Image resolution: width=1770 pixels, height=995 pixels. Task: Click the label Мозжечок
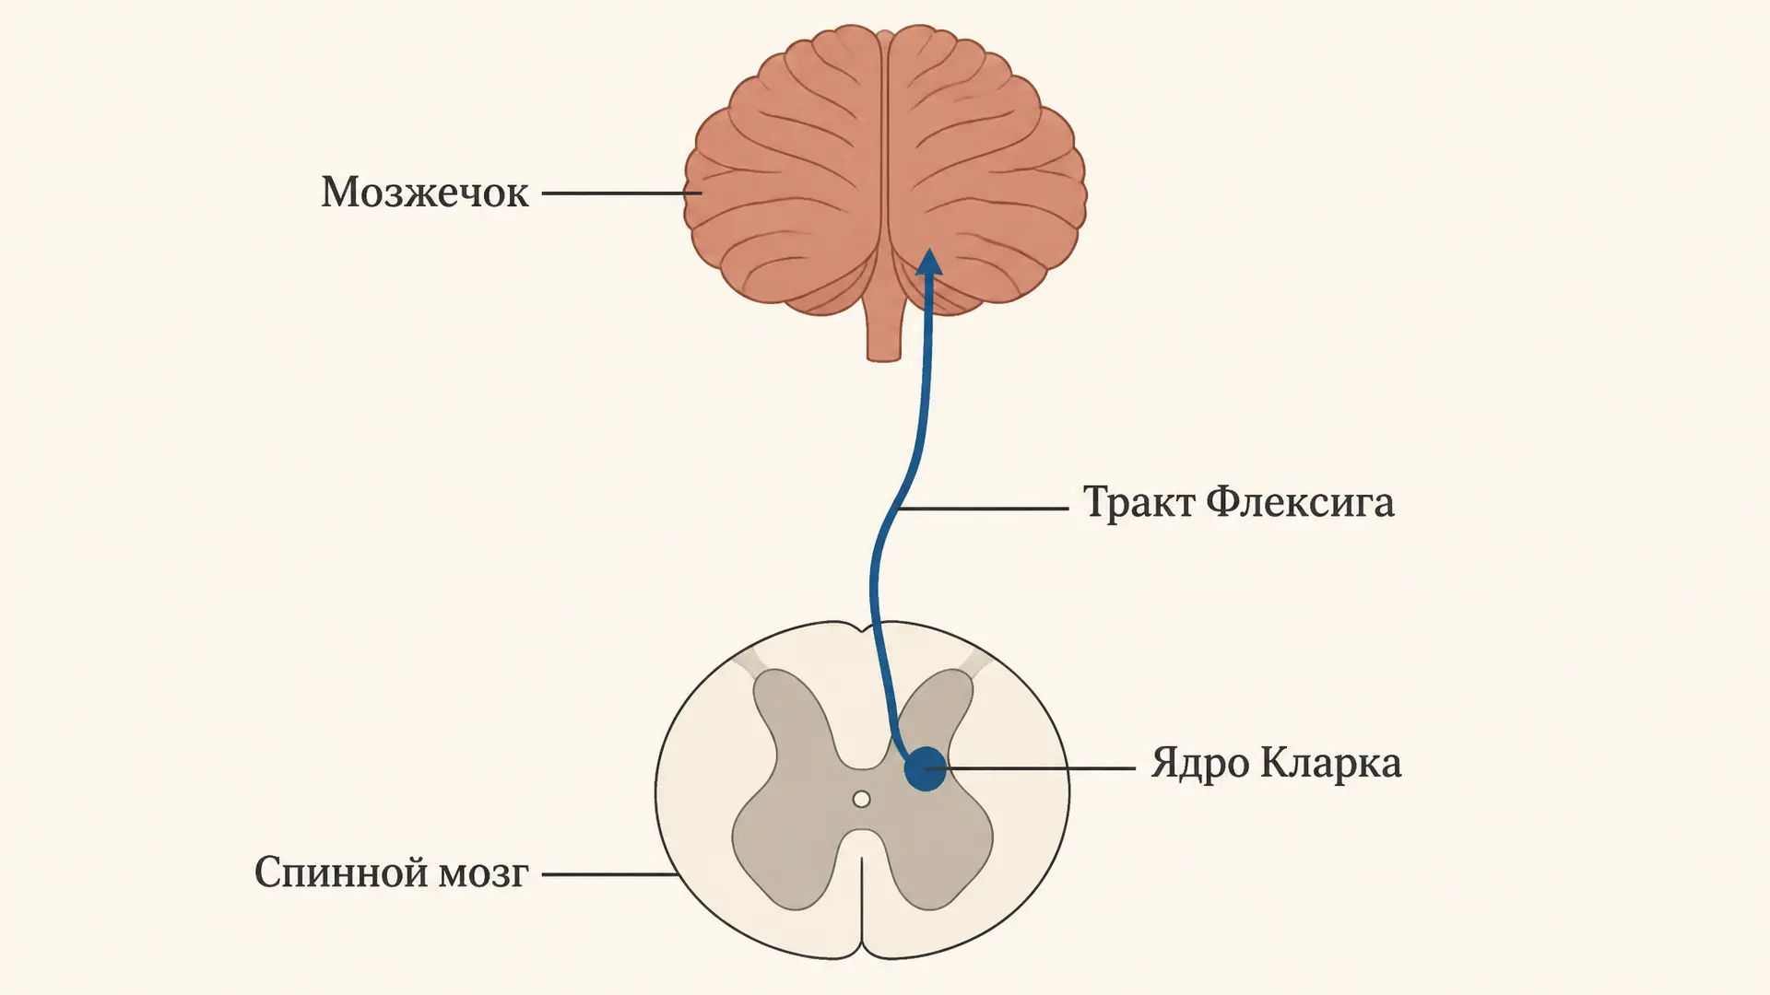[425, 193]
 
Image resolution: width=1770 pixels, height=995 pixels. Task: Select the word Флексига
[1301, 503]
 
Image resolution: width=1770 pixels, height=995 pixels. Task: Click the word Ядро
[1198, 764]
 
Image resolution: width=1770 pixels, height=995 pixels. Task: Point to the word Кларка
[1331, 763]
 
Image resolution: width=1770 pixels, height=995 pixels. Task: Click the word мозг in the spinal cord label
[483, 873]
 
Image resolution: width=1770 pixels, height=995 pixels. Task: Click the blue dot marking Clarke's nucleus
[925, 768]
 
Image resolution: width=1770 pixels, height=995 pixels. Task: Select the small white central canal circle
[861, 799]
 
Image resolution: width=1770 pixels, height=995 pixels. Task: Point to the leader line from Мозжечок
[621, 193]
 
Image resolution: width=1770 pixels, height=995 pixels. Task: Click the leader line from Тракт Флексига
[983, 508]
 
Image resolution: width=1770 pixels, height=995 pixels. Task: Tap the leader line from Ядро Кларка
[1040, 767]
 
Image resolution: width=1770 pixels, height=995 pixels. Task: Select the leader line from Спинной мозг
[610, 874]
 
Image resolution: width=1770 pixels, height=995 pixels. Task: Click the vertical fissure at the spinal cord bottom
[862, 907]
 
